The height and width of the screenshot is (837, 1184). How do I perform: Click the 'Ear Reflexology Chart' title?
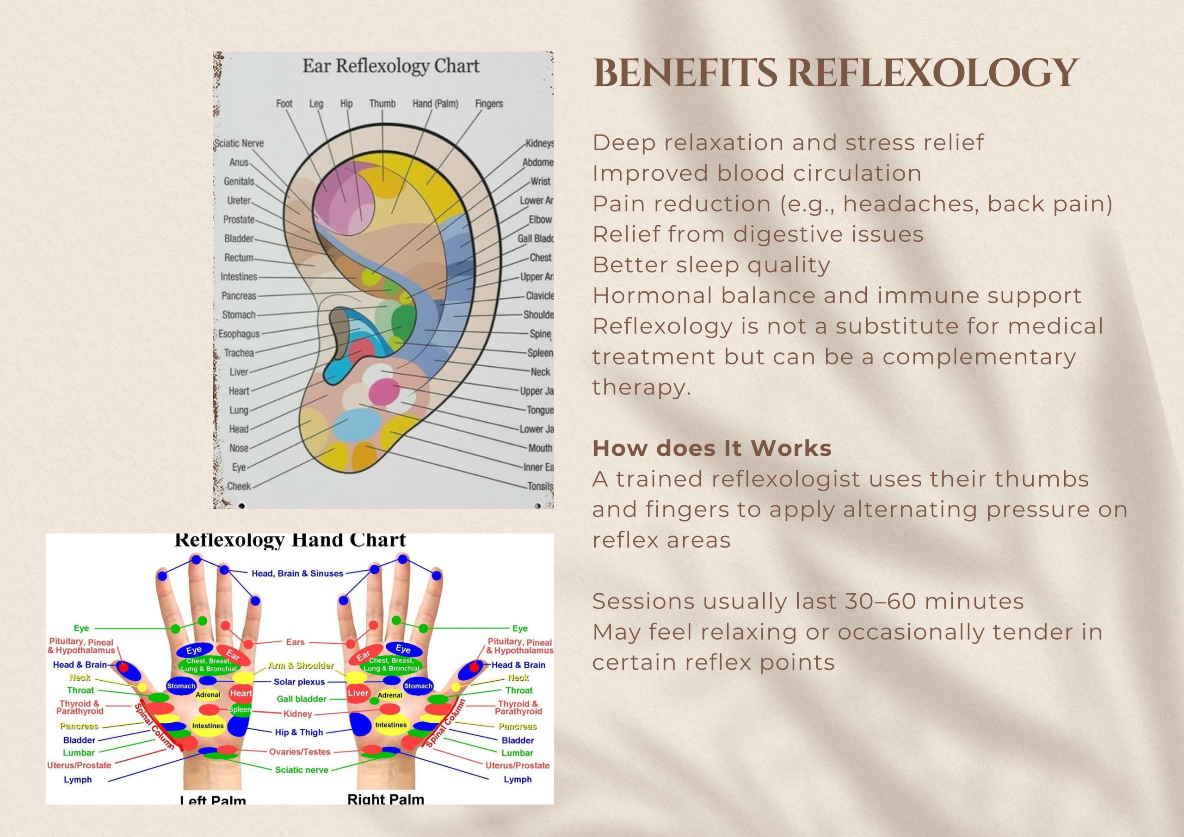coord(390,67)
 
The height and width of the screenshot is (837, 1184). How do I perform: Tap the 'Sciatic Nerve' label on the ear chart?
coord(239,143)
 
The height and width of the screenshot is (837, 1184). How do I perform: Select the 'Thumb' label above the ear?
coord(382,104)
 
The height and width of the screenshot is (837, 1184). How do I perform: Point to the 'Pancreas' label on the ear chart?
coord(239,295)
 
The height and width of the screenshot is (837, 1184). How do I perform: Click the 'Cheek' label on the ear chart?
coord(239,486)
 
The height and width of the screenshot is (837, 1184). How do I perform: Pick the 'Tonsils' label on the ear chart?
coord(539,486)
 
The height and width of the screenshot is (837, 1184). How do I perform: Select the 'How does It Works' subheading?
coord(712,448)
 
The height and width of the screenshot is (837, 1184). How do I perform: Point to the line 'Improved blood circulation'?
coord(757,173)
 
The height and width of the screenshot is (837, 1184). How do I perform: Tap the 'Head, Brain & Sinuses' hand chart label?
coord(297,573)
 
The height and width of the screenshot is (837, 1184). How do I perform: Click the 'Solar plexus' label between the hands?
coord(299,682)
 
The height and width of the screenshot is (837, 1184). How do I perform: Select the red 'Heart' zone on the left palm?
coord(241,693)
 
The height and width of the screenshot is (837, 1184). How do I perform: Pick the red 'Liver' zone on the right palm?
coord(358,693)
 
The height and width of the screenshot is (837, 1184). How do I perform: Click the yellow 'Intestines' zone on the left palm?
coord(208,726)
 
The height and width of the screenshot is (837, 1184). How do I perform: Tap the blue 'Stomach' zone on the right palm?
coord(418,686)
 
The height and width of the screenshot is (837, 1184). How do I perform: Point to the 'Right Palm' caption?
coord(386,799)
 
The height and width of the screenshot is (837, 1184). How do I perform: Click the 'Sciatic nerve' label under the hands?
coord(301,770)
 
